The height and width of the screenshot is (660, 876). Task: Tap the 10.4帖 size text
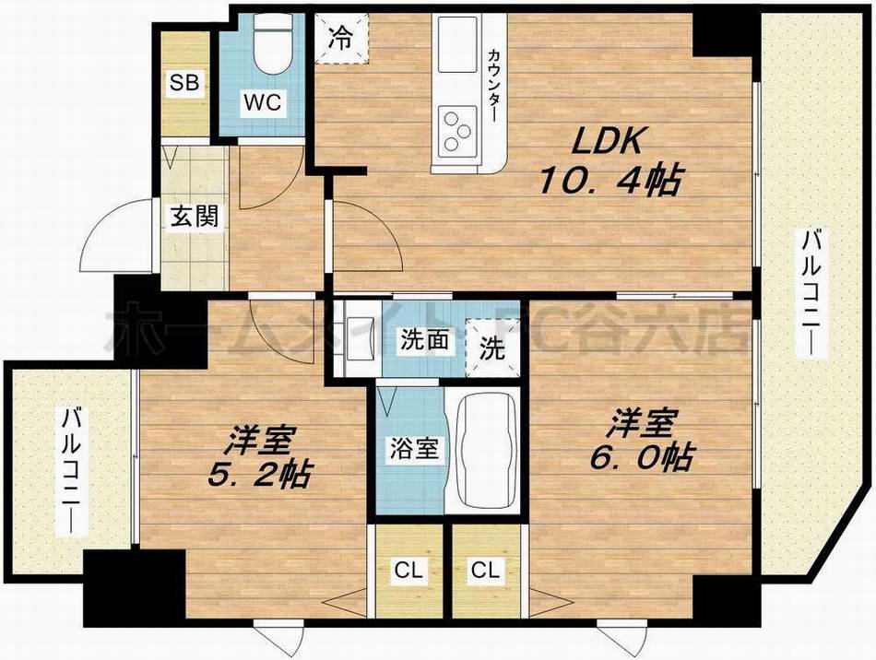(611, 181)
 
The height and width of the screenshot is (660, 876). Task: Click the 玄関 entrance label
(195, 218)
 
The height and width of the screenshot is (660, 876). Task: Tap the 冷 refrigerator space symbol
(341, 39)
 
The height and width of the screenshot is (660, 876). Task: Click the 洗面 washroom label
(424, 339)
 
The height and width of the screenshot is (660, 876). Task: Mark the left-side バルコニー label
(69, 470)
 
